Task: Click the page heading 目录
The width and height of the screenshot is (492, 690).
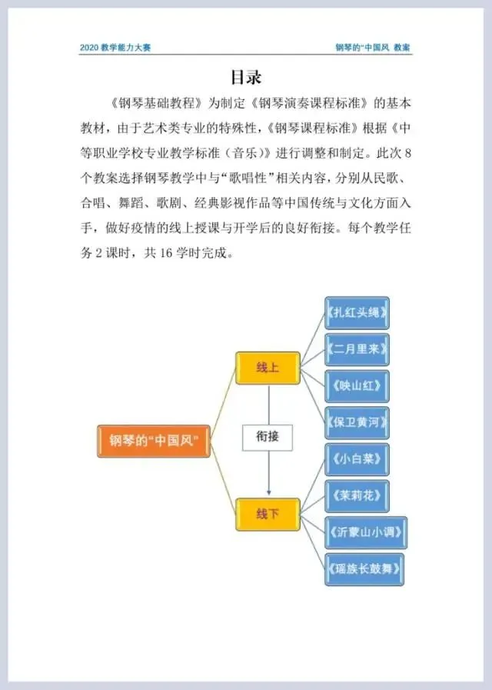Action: pyautogui.click(x=246, y=78)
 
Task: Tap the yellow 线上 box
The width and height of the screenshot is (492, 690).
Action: pyautogui.click(x=267, y=368)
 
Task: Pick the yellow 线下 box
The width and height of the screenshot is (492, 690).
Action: pyautogui.click(x=267, y=512)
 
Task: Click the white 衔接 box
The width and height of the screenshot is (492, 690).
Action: pyautogui.click(x=267, y=437)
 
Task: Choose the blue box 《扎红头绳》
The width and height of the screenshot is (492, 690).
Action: pyautogui.click(x=356, y=313)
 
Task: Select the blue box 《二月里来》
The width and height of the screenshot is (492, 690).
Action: pyautogui.click(x=356, y=350)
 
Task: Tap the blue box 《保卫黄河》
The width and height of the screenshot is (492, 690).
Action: pyautogui.click(x=356, y=422)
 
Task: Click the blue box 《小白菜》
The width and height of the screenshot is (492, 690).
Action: pyautogui.click(x=356, y=459)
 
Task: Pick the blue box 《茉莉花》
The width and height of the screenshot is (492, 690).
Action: pyautogui.click(x=356, y=495)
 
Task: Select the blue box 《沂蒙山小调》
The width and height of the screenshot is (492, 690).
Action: pyautogui.click(x=365, y=532)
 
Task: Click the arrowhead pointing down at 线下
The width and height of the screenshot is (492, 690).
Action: pyautogui.click(x=268, y=492)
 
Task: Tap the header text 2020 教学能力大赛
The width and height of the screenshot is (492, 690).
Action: pyautogui.click(x=115, y=48)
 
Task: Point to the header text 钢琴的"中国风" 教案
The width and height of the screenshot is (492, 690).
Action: pyautogui.click(x=373, y=48)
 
